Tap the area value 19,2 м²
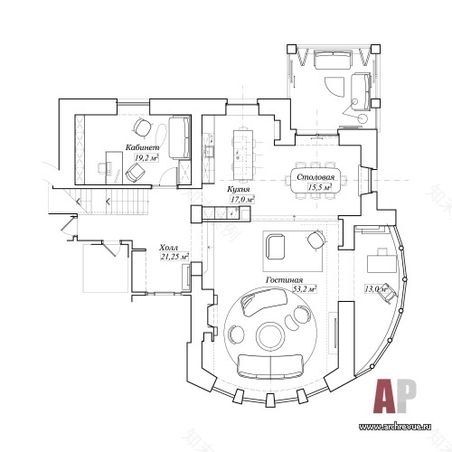click(146, 157)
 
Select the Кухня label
click(240, 191)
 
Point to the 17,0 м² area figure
click(241, 200)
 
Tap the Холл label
click(169, 247)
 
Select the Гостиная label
click(283, 280)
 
